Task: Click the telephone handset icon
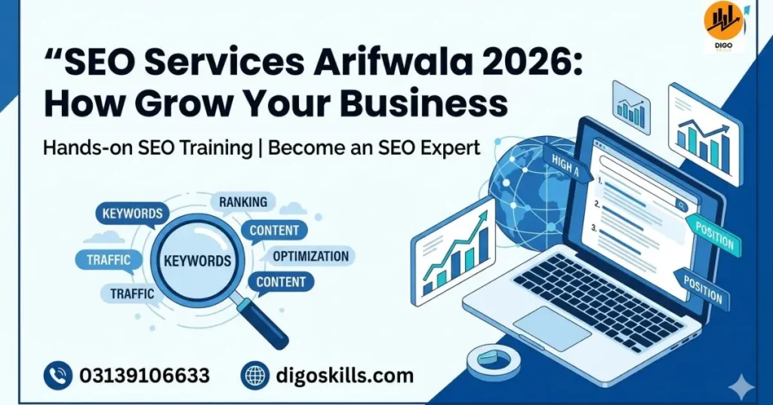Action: [58, 375]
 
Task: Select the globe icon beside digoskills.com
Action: [255, 375]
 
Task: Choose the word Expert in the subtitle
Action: [449, 148]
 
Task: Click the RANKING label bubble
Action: [243, 202]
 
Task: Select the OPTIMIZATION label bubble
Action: [310, 256]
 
